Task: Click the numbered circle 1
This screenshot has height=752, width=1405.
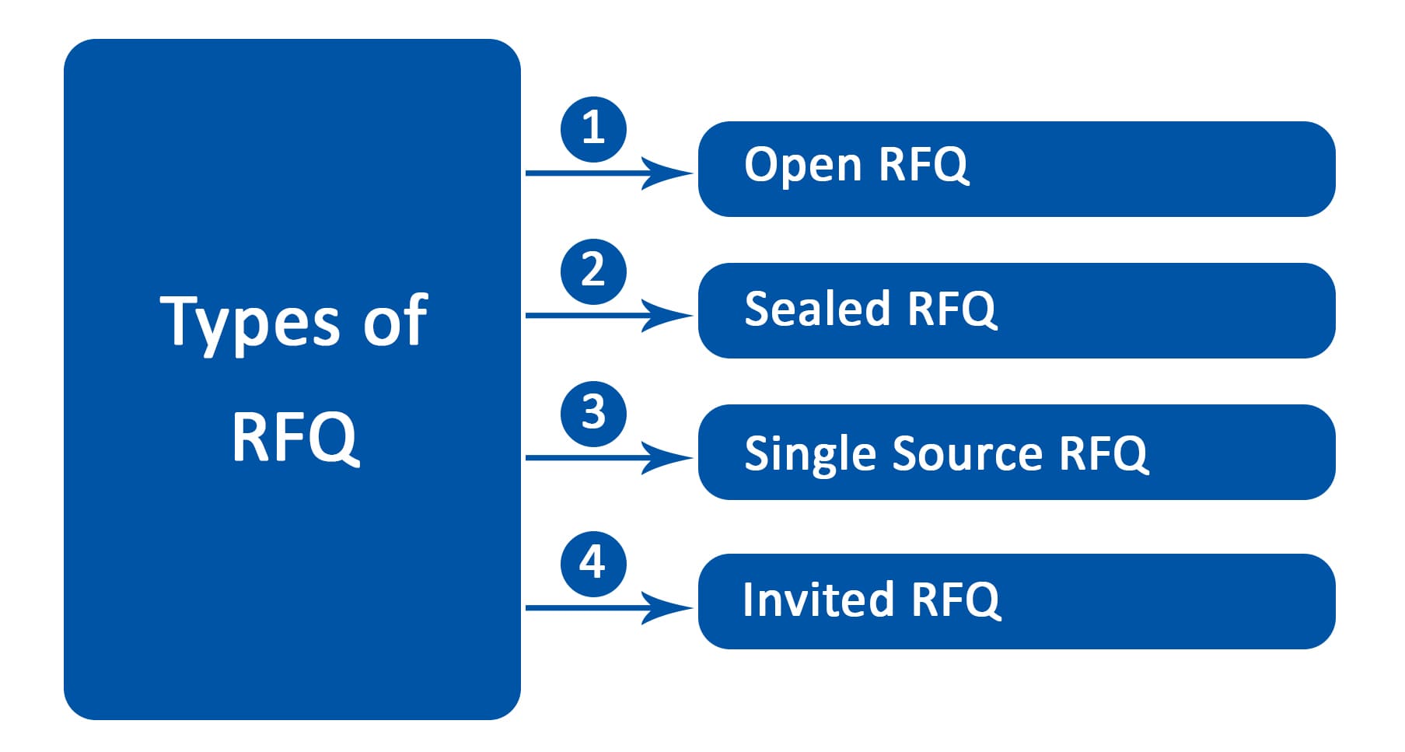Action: point(593,129)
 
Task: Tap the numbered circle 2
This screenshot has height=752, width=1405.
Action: point(593,271)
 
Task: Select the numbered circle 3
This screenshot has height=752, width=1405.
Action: point(593,414)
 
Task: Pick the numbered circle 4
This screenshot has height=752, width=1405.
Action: point(593,564)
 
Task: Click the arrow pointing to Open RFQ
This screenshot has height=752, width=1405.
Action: point(609,173)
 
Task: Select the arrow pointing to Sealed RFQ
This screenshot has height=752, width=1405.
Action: point(609,315)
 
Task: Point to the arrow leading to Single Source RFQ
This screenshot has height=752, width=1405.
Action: point(609,457)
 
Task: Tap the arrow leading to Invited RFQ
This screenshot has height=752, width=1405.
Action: point(609,607)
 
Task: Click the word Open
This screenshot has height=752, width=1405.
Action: point(803,166)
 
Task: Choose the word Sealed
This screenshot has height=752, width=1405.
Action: point(817,308)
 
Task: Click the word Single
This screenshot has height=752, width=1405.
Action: point(813,453)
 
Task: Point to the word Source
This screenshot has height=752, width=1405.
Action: point(967,453)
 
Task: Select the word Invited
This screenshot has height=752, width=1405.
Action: point(818,600)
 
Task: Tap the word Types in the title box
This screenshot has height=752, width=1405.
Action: point(250,322)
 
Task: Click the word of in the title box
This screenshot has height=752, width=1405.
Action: point(396,319)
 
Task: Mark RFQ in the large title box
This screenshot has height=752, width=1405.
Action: point(295,437)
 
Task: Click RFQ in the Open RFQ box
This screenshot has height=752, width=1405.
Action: point(924,166)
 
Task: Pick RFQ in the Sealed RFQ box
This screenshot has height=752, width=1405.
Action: point(952,309)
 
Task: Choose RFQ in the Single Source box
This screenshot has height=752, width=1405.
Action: point(1103,453)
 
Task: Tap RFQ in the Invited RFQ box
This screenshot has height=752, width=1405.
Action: point(956,600)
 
